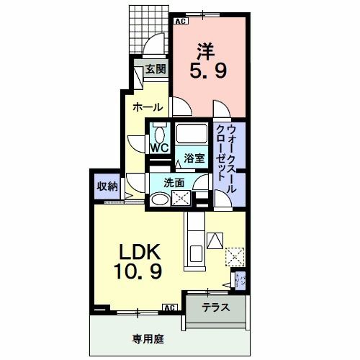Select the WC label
pyautogui.click(x=158, y=148)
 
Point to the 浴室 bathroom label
pyautogui.click(x=192, y=158)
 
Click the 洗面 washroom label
pyautogui.click(x=174, y=182)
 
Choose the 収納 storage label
pyautogui.click(x=107, y=186)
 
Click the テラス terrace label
pyautogui.click(x=215, y=307)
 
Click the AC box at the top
pyautogui.click(x=180, y=20)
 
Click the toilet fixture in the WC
pyautogui.click(x=160, y=132)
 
